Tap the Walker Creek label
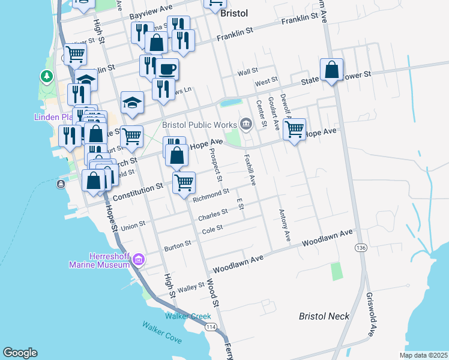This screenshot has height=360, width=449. tap(188, 316)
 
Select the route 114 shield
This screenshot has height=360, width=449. tap(211, 326)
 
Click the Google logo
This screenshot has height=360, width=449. tap(20, 353)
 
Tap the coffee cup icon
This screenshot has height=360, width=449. tap(167, 68)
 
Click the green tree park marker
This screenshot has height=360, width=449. tap(46, 76)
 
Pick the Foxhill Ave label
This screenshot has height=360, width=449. tap(250, 169)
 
